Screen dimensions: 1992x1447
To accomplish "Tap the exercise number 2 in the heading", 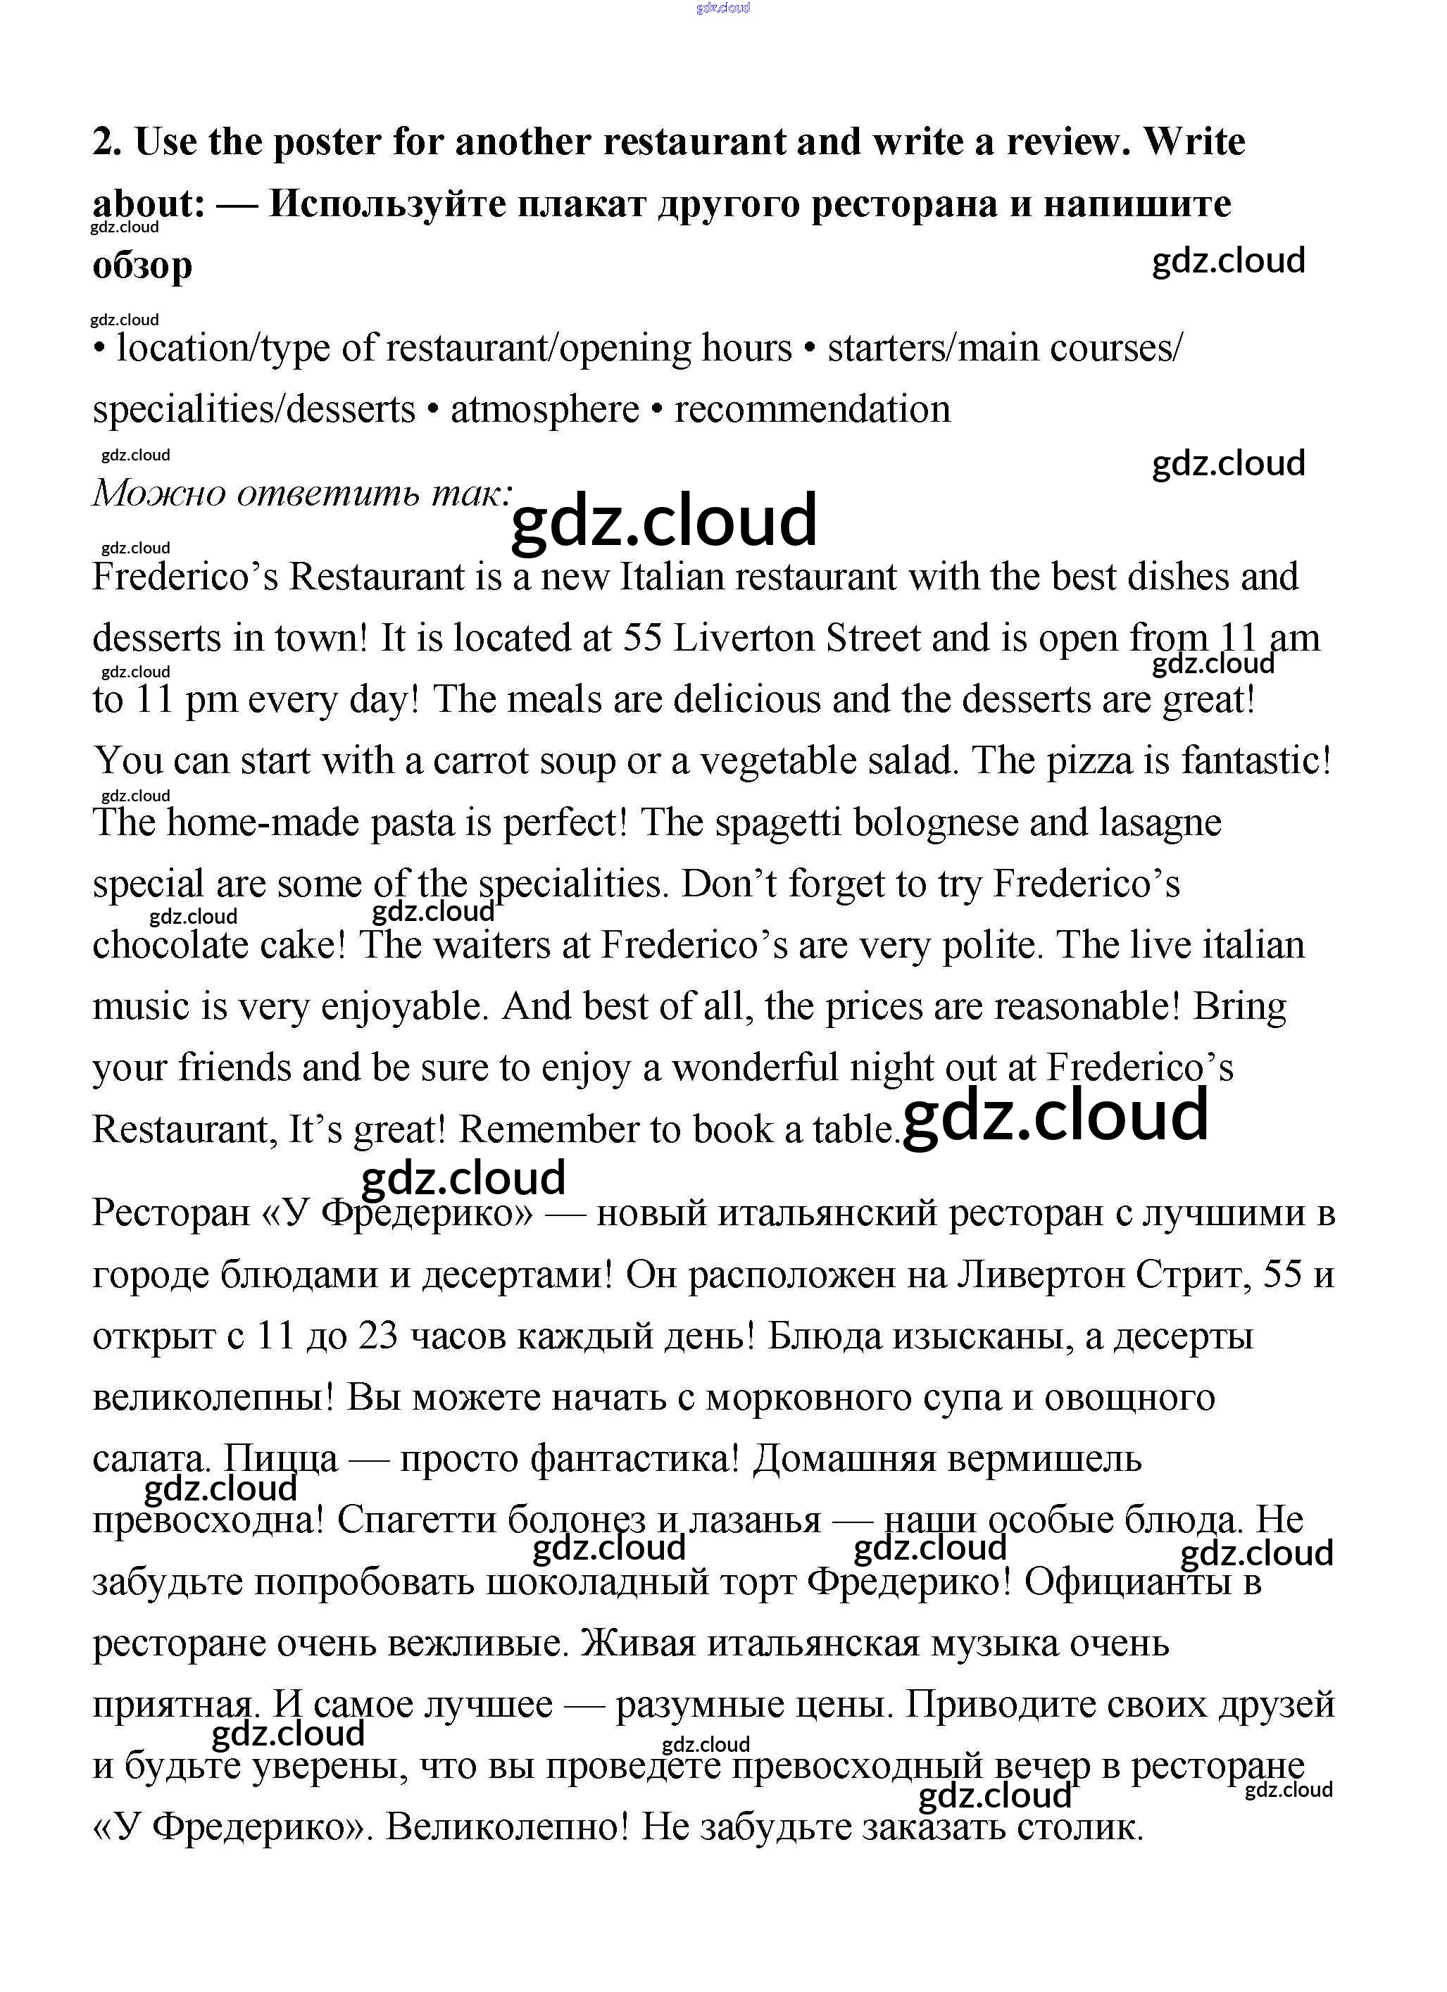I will (x=106, y=142).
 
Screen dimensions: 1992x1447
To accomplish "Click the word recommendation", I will (x=812, y=409).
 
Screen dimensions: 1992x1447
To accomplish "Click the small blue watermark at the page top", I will (x=722, y=8).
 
